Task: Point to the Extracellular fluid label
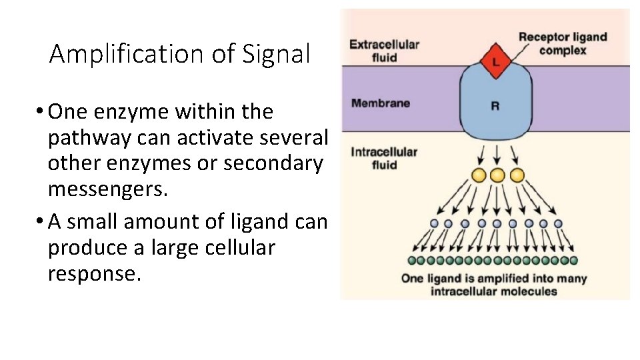coord(385,51)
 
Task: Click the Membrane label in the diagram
coord(381,103)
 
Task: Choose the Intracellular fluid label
coord(384,158)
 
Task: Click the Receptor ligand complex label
coord(563,43)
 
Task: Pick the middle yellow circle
coord(497,176)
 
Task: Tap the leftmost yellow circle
coord(478,176)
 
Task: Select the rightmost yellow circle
coord(517,176)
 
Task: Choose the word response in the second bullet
coord(94,273)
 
